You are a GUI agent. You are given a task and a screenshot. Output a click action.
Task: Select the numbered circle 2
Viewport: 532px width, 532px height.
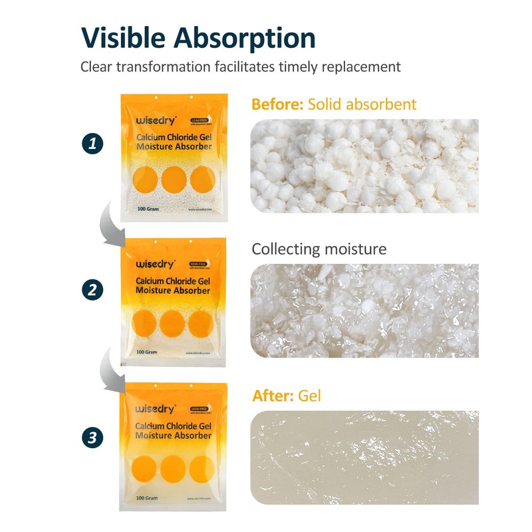tap(93, 289)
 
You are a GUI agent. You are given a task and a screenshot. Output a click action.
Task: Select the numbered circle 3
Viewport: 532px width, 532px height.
tap(93, 437)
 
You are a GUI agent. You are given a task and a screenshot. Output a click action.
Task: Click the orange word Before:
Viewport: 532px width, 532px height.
tap(277, 104)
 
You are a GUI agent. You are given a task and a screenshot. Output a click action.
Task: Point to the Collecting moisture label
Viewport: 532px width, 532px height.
tap(319, 249)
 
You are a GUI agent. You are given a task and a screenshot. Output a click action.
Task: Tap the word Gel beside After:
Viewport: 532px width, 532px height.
tap(310, 396)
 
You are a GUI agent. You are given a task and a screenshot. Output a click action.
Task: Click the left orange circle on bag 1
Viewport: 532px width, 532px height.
tap(145, 179)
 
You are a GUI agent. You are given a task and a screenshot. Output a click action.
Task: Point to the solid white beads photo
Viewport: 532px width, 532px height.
tap(364, 166)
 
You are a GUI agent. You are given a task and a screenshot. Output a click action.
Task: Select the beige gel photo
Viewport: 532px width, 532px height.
tap(364, 458)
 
